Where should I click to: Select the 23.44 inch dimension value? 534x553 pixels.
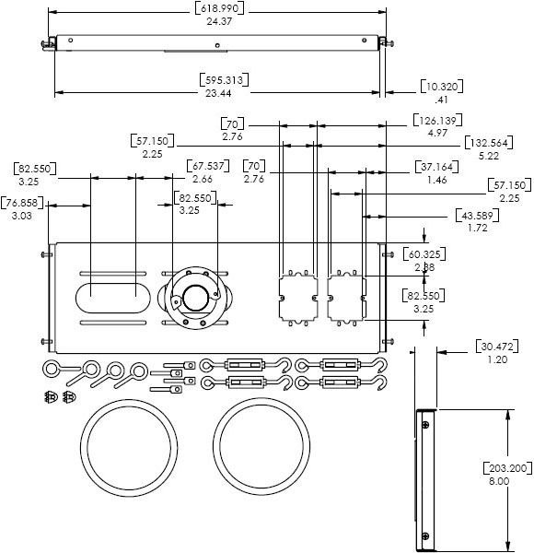pyautogui.click(x=218, y=93)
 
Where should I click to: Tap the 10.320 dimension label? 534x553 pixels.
pyautogui.click(x=442, y=87)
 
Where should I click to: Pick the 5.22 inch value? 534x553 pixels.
pyautogui.click(x=489, y=156)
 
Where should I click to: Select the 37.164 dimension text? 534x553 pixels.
pyautogui.click(x=433, y=168)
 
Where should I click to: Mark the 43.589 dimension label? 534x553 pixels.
pyautogui.click(x=476, y=215)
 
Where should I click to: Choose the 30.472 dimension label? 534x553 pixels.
pyautogui.click(x=498, y=347)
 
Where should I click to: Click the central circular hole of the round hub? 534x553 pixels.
pyautogui.click(x=194, y=298)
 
